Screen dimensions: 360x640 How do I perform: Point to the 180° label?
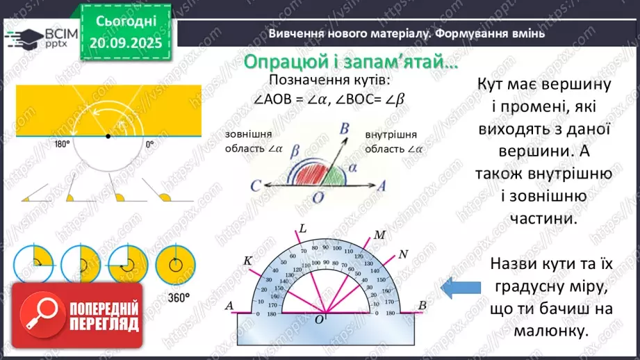[62, 145]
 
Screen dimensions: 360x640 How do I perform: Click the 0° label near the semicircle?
[149, 145]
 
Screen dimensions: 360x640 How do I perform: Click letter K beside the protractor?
[247, 260]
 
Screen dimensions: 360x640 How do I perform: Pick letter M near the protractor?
[379, 235]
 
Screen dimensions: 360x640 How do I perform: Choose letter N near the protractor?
[403, 253]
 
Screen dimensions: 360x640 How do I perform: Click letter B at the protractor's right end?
[422, 305]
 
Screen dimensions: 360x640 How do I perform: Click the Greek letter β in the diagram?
[297, 149]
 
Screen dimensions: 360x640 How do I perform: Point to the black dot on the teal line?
[107, 136]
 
